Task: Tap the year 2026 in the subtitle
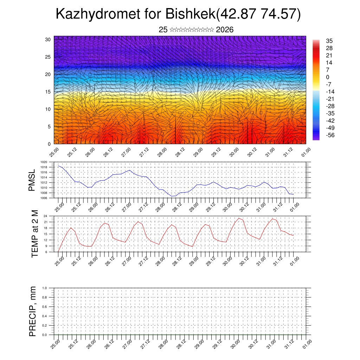(x=225, y=30)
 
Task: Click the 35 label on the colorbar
(x=329, y=41)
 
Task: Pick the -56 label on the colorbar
(x=331, y=135)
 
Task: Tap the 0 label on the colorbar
(x=328, y=77)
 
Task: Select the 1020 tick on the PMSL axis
(x=44, y=162)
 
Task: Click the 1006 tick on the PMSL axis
(x=44, y=198)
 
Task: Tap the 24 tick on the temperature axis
(x=45, y=216)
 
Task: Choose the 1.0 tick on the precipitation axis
(x=45, y=288)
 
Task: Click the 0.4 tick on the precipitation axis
(x=45, y=316)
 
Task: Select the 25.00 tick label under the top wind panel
(x=53, y=152)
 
